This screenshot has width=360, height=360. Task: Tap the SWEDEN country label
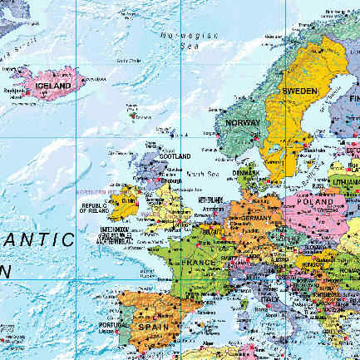[299, 91]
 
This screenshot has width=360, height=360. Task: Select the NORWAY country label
[243, 123]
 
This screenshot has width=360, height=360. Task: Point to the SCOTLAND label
[175, 156]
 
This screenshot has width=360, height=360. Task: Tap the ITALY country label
[270, 298]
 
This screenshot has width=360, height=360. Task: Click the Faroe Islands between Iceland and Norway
[133, 107]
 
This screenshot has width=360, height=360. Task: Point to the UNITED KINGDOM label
[116, 229]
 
